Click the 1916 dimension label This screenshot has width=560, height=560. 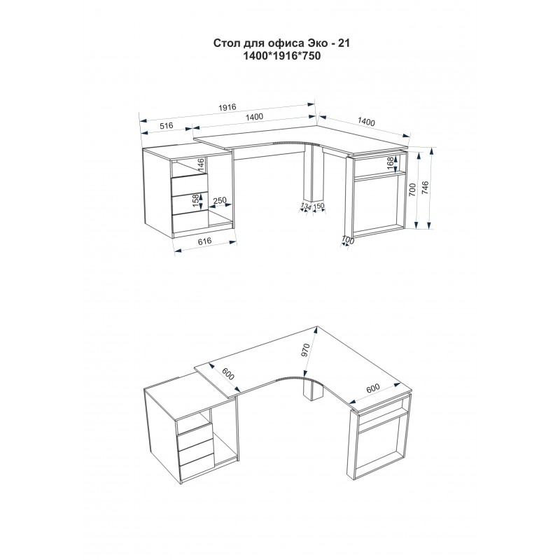[227, 107]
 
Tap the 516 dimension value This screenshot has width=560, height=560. [167, 126]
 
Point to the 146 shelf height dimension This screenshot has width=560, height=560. [201, 164]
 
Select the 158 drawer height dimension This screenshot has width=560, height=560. [196, 201]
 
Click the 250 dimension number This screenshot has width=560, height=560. [220, 200]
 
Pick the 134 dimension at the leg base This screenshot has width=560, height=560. [306, 206]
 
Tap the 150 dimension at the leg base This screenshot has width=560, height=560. [318, 206]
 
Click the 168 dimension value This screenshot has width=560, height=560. [391, 164]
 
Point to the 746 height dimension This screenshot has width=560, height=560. [426, 188]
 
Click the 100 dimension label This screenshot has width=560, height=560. [347, 240]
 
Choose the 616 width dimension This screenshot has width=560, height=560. [204, 241]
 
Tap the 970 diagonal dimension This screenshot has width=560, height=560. [304, 350]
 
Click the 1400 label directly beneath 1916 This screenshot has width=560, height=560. [254, 116]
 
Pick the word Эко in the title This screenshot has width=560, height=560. [316, 43]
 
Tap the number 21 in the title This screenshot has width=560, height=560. [344, 43]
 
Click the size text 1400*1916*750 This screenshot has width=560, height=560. [281, 56]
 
